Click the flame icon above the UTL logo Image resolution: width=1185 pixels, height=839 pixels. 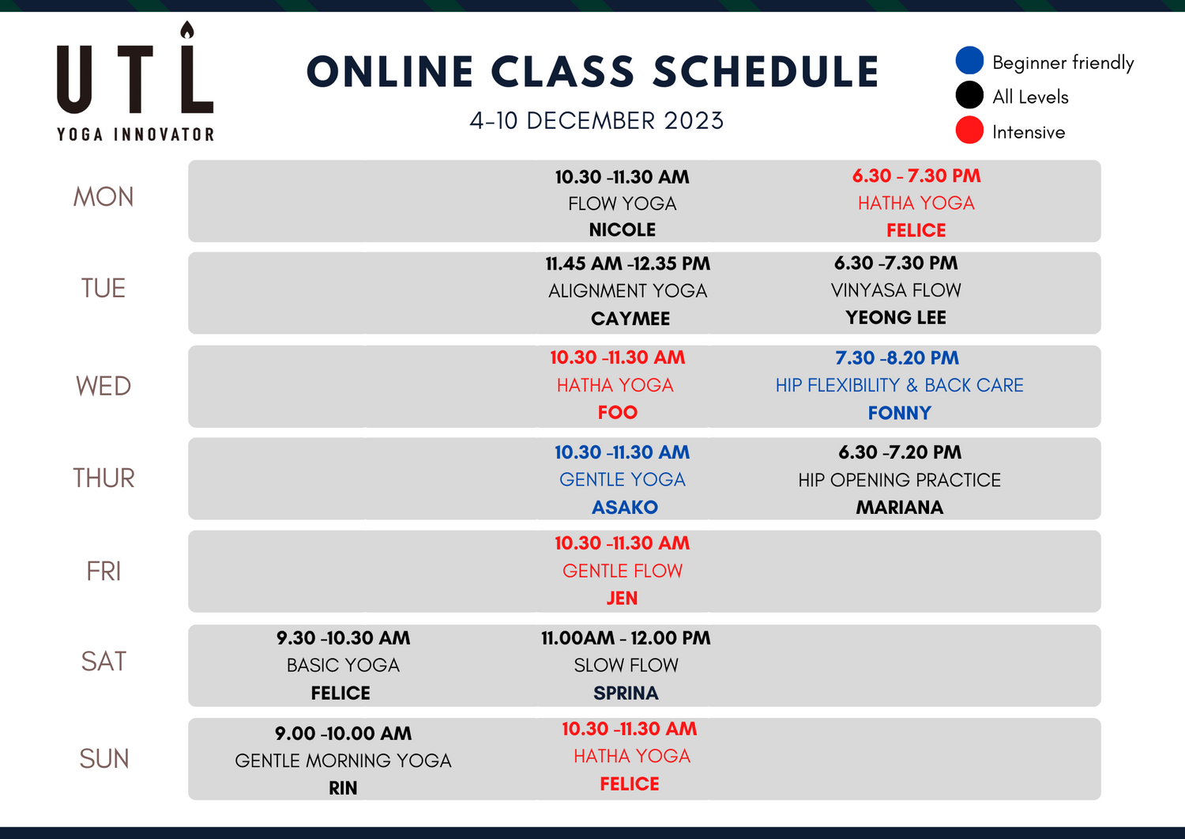pos(186,30)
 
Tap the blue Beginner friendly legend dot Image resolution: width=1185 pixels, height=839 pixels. pos(969,60)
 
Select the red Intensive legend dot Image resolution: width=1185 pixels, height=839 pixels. pos(969,130)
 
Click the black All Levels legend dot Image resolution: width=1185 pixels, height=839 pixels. pos(969,96)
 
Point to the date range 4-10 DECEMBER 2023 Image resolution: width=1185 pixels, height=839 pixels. pos(596,121)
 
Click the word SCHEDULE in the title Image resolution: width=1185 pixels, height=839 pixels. pos(765,71)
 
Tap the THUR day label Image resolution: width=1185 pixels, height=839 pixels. pos(103,478)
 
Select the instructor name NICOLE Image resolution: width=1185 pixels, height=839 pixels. pos(623,230)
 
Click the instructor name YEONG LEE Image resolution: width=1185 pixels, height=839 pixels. pos(896,317)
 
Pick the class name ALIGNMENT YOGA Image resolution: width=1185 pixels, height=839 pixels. pos(627,291)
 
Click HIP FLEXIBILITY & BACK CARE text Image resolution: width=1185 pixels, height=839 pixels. pos(899,385)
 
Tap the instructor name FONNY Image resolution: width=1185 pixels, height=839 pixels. pos(899,413)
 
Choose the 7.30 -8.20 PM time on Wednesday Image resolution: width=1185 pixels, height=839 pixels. pos(897,358)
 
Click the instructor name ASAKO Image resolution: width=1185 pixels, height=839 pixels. pos(625,508)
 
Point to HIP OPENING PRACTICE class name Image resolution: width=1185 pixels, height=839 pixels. pos(899,480)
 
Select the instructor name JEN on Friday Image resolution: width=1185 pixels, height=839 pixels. pos(623,599)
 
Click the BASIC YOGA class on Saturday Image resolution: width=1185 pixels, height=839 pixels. pos(343,665)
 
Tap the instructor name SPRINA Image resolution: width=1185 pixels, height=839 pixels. pos(626,693)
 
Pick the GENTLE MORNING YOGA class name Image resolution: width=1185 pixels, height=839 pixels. pos(343,761)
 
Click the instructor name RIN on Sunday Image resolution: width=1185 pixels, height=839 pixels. pos(343,788)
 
